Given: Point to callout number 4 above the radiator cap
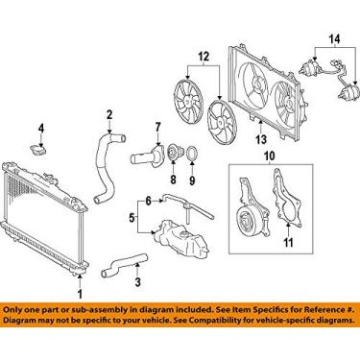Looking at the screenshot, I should pyautogui.click(x=41, y=129).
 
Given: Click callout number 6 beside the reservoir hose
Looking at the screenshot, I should pyautogui.click(x=148, y=201).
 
